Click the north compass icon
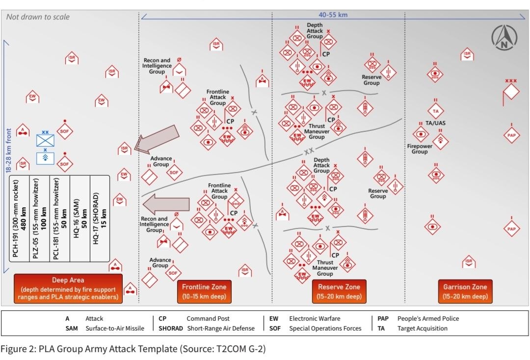pos(503,38)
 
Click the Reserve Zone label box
pos(339,291)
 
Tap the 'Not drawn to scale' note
pos(38,17)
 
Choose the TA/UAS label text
pos(435,123)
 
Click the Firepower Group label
pos(420,149)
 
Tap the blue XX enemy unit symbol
pos(45,140)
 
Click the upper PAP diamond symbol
pos(511,135)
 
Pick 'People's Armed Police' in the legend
pos(428,318)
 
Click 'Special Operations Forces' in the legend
pos(325,329)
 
